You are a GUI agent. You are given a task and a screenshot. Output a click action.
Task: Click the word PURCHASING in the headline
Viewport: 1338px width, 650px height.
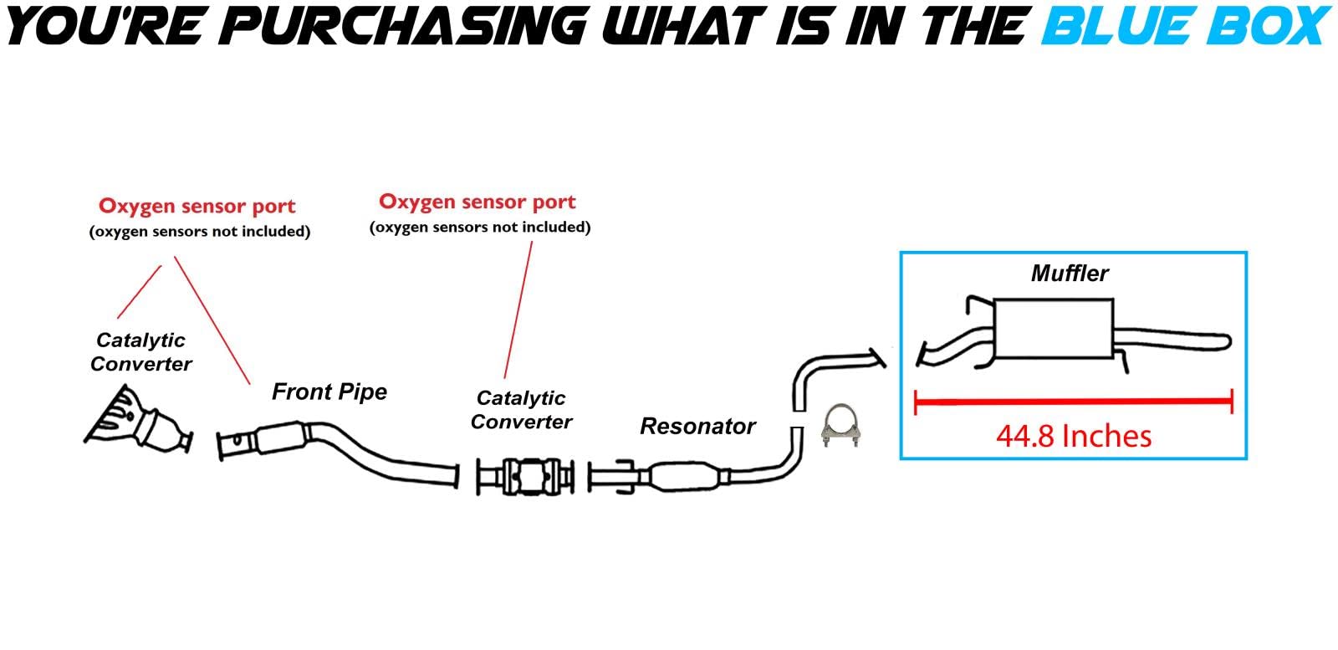408,25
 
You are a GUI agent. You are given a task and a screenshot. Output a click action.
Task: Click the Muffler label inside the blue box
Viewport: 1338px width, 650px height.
1070,274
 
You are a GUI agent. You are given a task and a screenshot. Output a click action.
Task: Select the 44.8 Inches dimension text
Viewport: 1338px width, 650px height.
1074,436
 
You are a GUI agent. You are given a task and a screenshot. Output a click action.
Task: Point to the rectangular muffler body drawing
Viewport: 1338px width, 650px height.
1055,329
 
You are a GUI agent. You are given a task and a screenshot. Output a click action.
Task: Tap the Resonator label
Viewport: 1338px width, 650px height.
697,427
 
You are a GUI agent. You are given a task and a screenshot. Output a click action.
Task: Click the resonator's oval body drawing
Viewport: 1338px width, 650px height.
686,479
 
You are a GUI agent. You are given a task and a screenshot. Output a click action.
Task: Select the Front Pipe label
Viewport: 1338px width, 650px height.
329,392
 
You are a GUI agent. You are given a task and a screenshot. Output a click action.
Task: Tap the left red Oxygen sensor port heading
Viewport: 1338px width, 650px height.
197,207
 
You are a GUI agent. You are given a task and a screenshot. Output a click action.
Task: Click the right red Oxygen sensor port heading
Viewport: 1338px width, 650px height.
477,202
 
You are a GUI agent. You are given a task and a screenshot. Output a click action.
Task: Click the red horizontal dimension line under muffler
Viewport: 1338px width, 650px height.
1074,402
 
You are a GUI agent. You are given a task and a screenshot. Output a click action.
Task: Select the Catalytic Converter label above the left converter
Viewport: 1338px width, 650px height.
141,352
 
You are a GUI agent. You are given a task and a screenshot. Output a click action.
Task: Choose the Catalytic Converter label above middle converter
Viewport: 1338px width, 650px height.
521,410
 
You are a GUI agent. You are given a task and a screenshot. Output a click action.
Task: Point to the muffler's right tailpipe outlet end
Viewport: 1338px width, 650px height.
1226,341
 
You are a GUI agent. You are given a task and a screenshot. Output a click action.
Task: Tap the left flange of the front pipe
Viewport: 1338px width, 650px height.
222,446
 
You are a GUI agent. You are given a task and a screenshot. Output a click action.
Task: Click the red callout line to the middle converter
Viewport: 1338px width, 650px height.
518,310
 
